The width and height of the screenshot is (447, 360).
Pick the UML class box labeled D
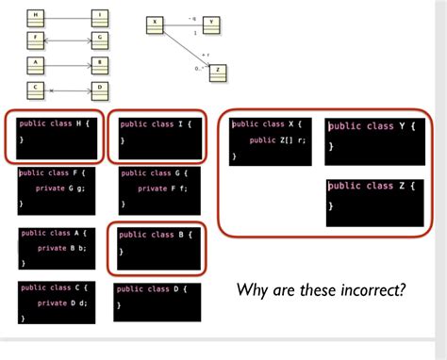point(99,90)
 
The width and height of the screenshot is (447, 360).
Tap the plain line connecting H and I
point(66,17)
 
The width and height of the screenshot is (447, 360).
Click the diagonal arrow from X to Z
point(187,46)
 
